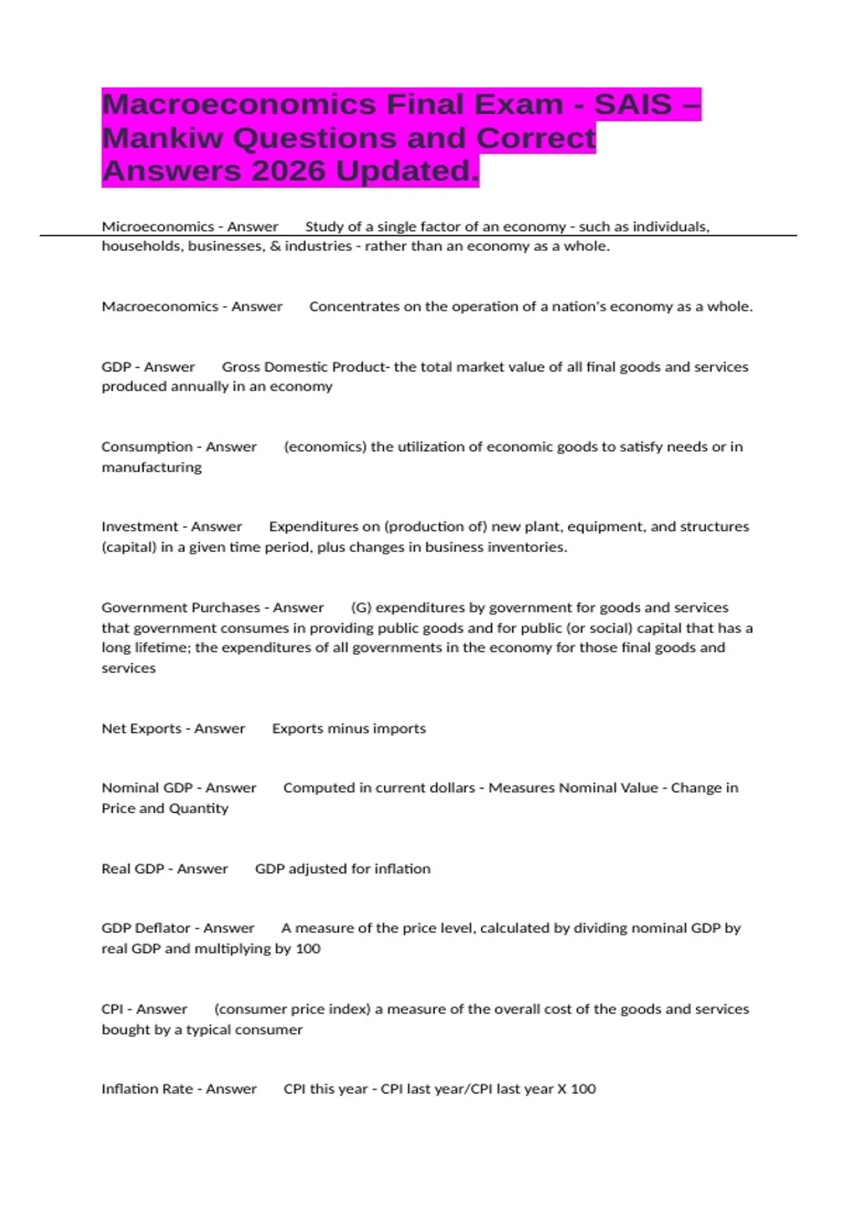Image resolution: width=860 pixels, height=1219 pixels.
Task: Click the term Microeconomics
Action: [158, 227]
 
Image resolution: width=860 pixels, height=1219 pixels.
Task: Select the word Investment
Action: [140, 526]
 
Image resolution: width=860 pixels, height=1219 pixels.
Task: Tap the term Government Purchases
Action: [181, 607]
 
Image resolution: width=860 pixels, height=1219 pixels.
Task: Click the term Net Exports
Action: [141, 729]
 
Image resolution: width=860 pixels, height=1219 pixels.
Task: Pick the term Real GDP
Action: [133, 868]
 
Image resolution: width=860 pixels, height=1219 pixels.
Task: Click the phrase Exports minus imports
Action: [348, 729]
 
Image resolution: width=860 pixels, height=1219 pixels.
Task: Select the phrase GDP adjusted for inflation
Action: [343, 868]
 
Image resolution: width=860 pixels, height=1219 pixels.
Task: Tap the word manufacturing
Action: [151, 468]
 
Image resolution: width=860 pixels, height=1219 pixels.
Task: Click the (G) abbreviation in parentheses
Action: [360, 607]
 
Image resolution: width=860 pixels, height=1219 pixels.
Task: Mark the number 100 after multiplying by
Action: [307, 949]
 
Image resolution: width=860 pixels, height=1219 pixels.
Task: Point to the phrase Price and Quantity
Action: [165, 808]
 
